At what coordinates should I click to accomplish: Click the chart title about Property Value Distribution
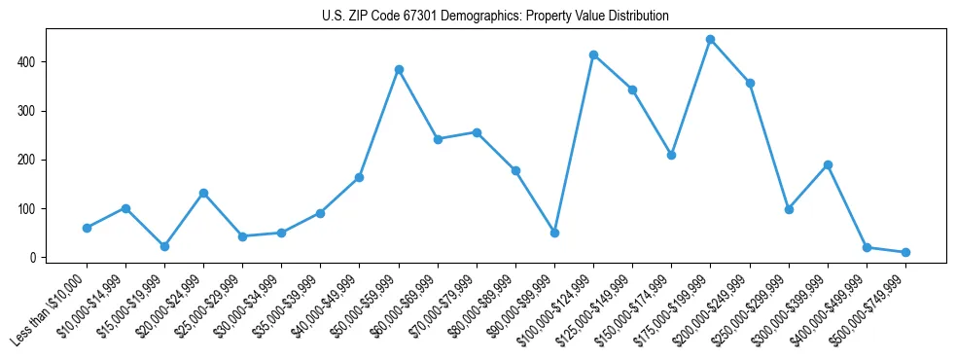tap(496, 17)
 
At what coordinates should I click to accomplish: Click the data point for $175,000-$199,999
tap(711, 40)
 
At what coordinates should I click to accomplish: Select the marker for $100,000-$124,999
tap(593, 54)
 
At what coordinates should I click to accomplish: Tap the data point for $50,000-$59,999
tap(399, 70)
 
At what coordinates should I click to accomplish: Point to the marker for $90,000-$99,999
tap(554, 233)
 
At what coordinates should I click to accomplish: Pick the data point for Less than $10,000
tap(87, 228)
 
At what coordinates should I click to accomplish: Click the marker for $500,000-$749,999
tap(905, 252)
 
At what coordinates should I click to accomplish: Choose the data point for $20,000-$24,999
tap(203, 193)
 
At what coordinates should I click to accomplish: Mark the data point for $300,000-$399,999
tap(828, 164)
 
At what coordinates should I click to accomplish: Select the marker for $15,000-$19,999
tap(164, 246)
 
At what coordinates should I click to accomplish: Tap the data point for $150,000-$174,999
tap(671, 155)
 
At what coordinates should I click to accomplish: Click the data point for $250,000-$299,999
tap(789, 209)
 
